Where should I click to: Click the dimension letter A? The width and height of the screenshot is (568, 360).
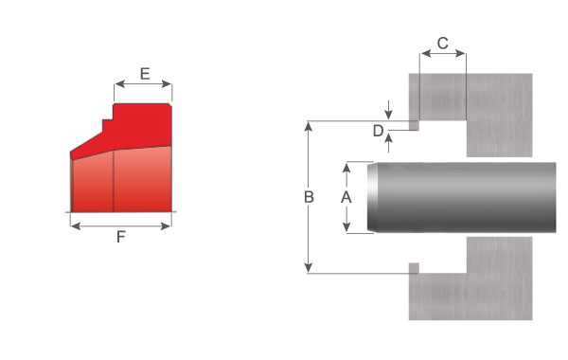pyautogui.click(x=346, y=197)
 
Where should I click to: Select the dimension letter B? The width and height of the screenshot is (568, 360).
pyautogui.click(x=309, y=197)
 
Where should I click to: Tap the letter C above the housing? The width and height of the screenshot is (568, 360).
pyautogui.click(x=443, y=44)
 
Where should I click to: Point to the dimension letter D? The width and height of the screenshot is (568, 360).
pyautogui.click(x=378, y=131)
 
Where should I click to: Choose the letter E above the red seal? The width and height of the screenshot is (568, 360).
pyautogui.click(x=145, y=74)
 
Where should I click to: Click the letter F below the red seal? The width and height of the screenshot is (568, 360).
pyautogui.click(x=121, y=237)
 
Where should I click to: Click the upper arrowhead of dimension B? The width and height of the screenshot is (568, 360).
pyautogui.click(x=309, y=126)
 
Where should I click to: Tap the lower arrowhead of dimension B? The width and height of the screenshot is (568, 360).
pyautogui.click(x=309, y=268)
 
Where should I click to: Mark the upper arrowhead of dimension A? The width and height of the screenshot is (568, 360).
pyautogui.click(x=346, y=168)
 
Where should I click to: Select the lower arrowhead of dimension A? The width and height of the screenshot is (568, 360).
pyautogui.click(x=346, y=227)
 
